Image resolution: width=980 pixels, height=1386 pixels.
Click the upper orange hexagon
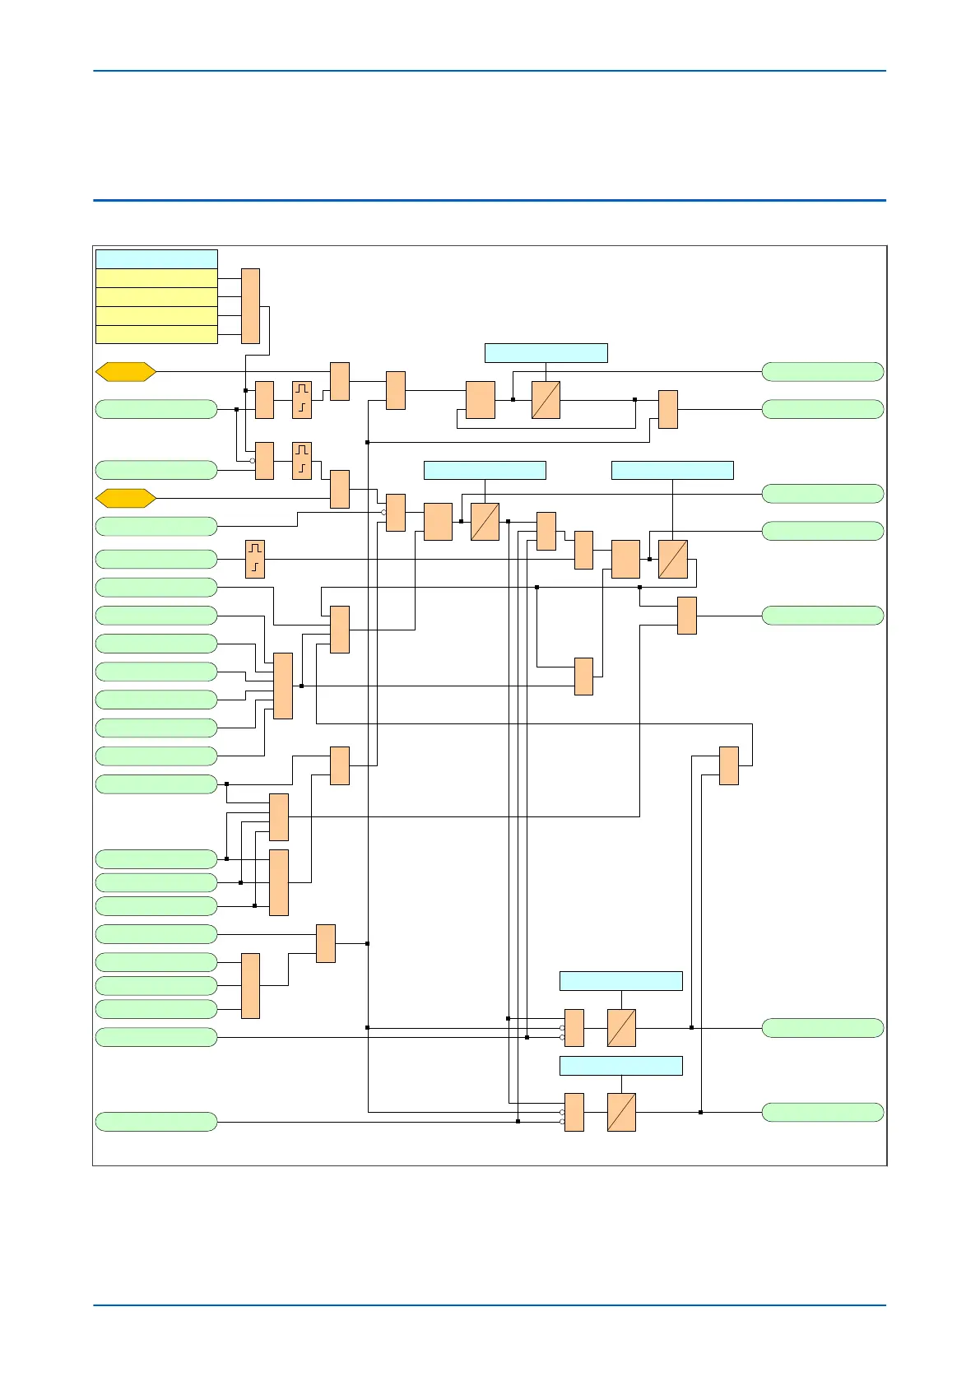[126, 372]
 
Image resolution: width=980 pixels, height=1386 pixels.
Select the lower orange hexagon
[126, 498]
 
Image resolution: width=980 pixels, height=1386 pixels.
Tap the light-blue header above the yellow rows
[156, 258]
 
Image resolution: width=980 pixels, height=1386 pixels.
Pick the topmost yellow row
[156, 278]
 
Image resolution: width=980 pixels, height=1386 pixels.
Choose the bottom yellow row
[156, 334]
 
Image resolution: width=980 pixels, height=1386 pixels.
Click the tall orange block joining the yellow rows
[250, 306]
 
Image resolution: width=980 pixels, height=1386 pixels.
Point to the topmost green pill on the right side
[823, 372]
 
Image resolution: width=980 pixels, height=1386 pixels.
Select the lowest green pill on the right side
[823, 1113]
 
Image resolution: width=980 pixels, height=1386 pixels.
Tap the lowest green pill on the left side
[156, 1122]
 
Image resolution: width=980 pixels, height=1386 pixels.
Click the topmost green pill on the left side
[156, 409]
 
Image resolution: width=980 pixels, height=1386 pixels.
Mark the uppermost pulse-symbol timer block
[302, 400]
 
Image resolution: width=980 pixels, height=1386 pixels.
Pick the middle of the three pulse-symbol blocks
[302, 461]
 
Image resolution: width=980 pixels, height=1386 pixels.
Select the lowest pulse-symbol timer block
[255, 560]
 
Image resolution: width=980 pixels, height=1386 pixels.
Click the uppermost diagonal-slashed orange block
[546, 400]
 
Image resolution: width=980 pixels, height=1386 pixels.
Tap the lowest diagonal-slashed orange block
[621, 1113]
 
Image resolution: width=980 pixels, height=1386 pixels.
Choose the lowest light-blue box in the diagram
[621, 1066]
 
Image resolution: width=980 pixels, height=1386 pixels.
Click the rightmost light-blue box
[672, 470]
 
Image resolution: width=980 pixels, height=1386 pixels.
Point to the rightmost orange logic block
[728, 765]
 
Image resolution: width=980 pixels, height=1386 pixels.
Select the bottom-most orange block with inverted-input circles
[574, 1113]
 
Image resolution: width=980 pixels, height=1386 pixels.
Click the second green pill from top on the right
[823, 409]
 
